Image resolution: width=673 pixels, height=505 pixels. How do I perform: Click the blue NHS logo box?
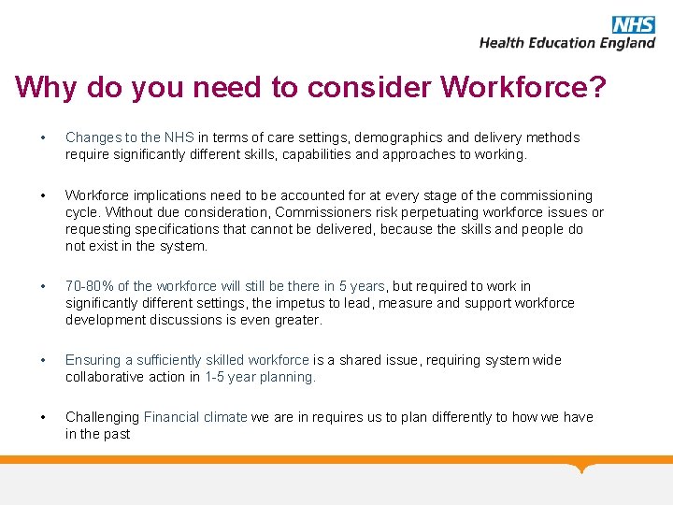pos(633,25)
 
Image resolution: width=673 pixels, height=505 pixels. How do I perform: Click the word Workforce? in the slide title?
pos(523,87)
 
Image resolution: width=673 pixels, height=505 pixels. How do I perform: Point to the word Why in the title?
pos(46,87)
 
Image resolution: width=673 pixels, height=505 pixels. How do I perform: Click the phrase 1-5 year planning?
pos(260,377)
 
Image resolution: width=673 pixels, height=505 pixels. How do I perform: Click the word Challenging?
pos(102,417)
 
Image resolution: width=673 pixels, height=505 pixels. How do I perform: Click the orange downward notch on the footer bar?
pos(583,467)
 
